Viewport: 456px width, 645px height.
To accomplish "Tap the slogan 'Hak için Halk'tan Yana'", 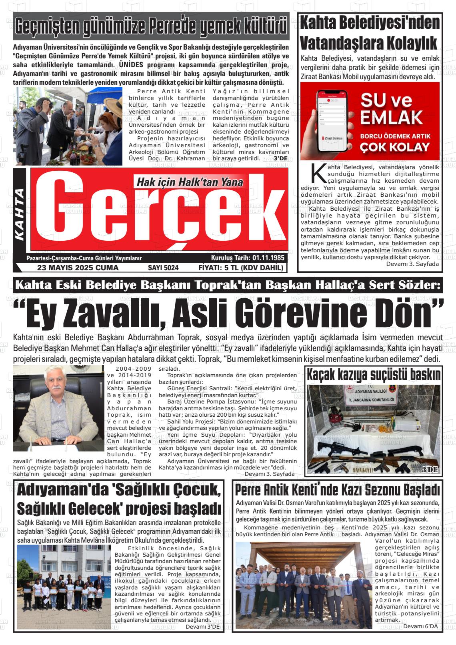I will pos(190,182).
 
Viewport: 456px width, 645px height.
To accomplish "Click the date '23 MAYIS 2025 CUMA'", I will pos(78,268).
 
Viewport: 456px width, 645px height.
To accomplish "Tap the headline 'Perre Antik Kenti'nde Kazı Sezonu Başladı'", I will pos(338,490).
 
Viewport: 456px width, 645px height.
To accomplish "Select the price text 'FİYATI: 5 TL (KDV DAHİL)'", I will pos(241,268).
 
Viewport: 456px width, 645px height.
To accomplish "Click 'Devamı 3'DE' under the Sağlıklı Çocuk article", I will pos(203,627).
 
